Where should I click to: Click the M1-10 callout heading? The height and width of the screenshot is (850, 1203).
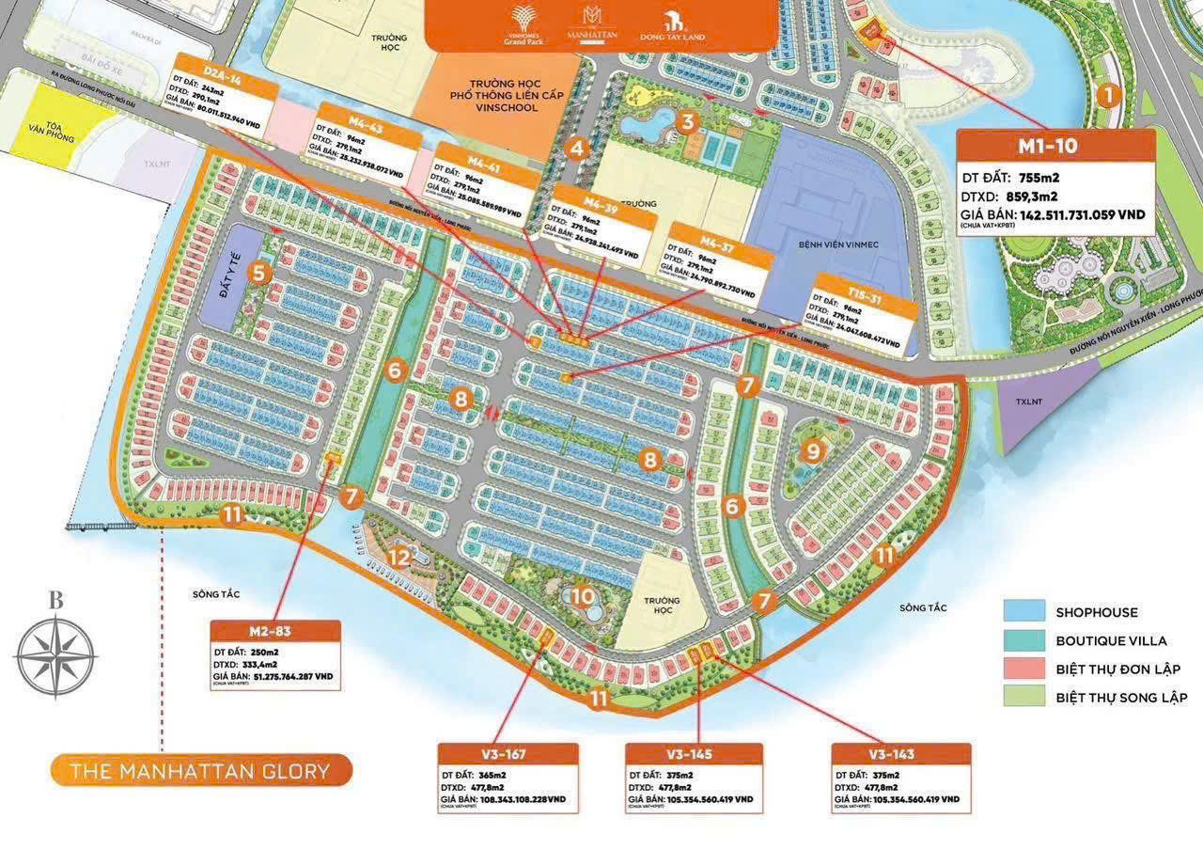1055,147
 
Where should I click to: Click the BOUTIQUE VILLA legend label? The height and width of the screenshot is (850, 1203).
1111,640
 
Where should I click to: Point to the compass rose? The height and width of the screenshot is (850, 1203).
56,655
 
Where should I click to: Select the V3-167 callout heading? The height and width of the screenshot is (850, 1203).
508,754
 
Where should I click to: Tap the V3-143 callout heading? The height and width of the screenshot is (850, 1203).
900,754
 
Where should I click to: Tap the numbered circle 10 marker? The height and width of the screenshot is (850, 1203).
582,595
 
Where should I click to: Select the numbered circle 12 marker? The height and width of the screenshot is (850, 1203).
400,557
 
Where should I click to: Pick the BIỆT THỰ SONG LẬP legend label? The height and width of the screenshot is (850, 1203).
1121,697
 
